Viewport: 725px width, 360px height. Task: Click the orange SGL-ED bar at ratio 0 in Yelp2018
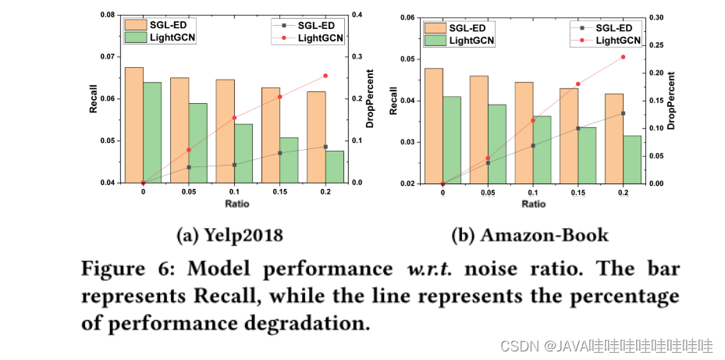(x=134, y=125)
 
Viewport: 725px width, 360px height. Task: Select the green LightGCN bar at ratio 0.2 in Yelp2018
(x=334, y=167)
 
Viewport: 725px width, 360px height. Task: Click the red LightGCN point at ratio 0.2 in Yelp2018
(x=325, y=76)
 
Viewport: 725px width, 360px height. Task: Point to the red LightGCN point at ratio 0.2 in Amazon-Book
(x=623, y=57)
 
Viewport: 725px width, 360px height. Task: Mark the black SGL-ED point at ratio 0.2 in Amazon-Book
(x=623, y=113)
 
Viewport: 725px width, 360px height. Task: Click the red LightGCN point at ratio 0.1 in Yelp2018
(x=234, y=118)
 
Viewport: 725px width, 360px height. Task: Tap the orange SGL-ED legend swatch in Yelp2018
(x=136, y=24)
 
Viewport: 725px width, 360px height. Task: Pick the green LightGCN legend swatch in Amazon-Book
(x=435, y=40)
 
